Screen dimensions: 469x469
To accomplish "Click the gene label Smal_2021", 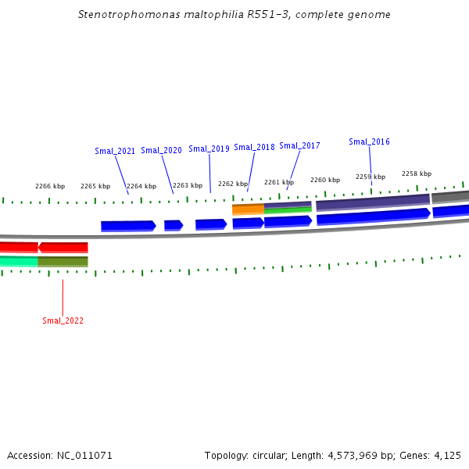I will pyautogui.click(x=115, y=151).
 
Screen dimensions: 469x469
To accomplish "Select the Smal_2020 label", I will pyautogui.click(x=161, y=150).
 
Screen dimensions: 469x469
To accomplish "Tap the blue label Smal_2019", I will pyautogui.click(x=209, y=149).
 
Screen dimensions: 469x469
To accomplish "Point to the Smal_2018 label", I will pyautogui.click(x=254, y=147).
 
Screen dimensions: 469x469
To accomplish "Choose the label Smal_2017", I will pyautogui.click(x=299, y=145).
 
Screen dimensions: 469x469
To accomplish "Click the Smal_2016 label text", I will pyautogui.click(x=369, y=141).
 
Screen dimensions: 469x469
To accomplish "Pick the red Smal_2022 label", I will pyautogui.click(x=63, y=320).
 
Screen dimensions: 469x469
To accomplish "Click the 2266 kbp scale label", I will pyautogui.click(x=50, y=186).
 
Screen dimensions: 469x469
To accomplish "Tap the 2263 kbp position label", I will pyautogui.click(x=188, y=185).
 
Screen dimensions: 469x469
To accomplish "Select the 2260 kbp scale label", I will pyautogui.click(x=325, y=180).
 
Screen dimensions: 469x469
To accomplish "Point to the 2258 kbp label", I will pyautogui.click(x=417, y=174).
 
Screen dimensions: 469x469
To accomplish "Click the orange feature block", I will pyautogui.click(x=248, y=209).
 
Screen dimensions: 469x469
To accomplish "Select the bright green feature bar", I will pyautogui.click(x=288, y=210).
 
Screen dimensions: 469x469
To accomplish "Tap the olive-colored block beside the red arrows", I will pyautogui.click(x=63, y=261).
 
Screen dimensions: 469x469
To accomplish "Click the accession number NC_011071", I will pyautogui.click(x=84, y=455).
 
